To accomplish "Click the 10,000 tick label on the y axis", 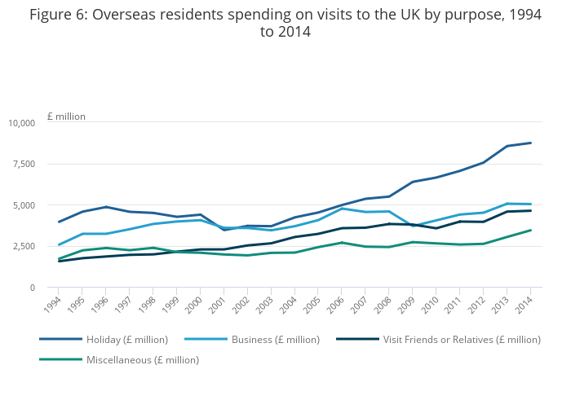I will tap(21, 123).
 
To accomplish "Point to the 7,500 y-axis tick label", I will tap(24, 164).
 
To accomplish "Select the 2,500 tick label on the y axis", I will tap(24, 246).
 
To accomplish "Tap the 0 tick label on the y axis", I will tap(32, 288).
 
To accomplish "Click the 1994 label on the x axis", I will tap(53, 304).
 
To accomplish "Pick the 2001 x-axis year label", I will tap(219, 304).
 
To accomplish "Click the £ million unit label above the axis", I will tap(66, 117).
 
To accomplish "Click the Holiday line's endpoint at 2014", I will tap(531, 143).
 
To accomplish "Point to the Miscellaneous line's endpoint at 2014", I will tap(531, 231).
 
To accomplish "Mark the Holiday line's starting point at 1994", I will tap(58, 222).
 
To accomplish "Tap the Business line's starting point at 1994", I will tap(58, 244).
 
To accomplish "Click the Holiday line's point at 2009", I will tap(413, 182).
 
